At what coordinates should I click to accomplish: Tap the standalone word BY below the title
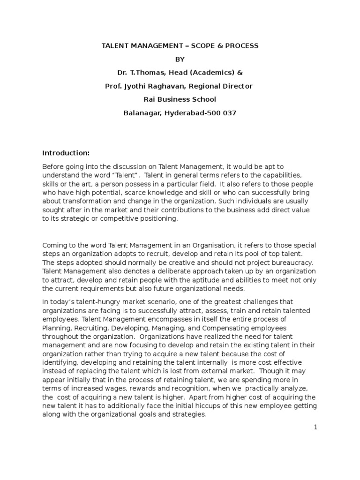click(x=180, y=60)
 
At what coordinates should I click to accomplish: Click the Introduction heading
click(x=66, y=153)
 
